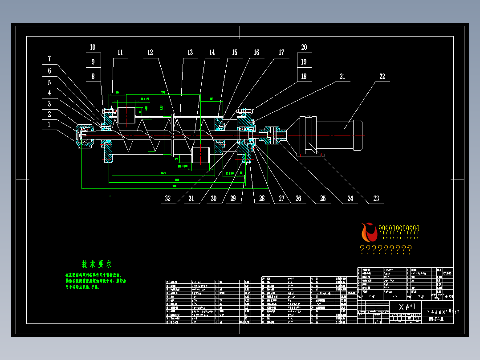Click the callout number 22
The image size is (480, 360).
pos(382,76)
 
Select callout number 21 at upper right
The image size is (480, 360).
pos(342,76)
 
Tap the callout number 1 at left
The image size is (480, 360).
pos(49,125)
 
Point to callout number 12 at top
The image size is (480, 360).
pos(150,53)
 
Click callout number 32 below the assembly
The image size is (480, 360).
pos(168,199)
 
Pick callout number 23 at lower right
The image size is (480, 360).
pos(376,199)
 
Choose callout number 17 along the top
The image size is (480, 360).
pos(281,53)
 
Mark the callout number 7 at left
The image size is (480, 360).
pos(49,59)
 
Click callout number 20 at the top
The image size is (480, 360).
pos(304,47)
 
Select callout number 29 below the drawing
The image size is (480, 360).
pos(232,199)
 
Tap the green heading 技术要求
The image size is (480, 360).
pos(96,264)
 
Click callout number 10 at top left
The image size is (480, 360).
pos(93,47)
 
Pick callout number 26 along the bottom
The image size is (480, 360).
pos(298,199)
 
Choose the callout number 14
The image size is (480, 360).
pos(212,53)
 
